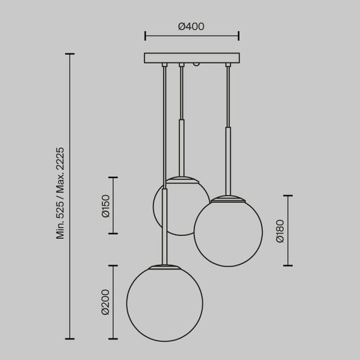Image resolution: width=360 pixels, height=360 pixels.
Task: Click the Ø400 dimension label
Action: (191, 27)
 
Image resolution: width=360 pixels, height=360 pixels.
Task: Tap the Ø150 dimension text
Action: (105, 205)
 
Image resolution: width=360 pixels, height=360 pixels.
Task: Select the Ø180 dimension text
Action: (280, 231)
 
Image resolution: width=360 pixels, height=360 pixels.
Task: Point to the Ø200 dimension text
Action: (105, 302)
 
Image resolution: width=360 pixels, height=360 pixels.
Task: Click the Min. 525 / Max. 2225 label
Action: (60, 193)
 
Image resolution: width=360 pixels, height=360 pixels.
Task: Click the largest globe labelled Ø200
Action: (164, 303)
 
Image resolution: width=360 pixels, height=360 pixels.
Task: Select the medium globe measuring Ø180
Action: (228, 231)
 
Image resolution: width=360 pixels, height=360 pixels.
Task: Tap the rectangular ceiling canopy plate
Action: (192, 58)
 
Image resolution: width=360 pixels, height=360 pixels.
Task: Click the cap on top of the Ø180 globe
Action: (228, 198)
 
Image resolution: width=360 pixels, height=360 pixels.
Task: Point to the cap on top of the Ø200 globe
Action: (164, 266)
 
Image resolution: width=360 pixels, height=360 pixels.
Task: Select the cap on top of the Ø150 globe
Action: (182, 179)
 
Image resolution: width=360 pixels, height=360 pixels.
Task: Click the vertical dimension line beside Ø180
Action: (289, 231)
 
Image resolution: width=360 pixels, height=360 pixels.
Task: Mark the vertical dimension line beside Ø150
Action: (114, 205)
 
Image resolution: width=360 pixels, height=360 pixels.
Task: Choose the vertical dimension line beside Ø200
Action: (114, 302)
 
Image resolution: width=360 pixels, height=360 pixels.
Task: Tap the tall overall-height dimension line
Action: (69, 196)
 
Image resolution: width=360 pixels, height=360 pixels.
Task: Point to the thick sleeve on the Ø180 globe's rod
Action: (228, 161)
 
